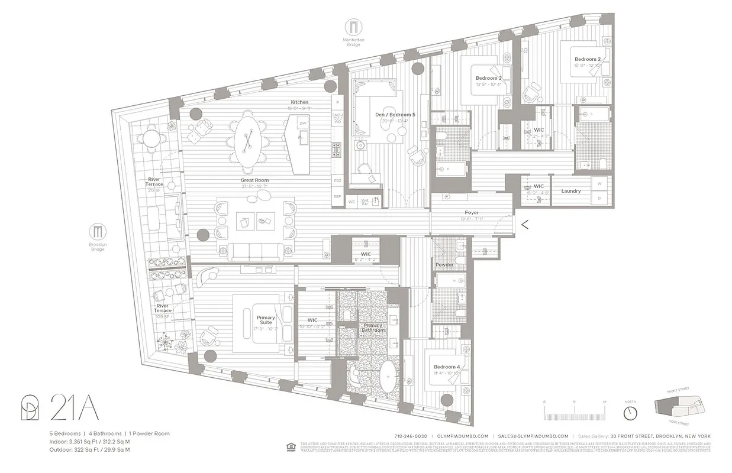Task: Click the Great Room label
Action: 254,180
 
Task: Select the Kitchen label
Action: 299,102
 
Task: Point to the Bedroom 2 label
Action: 587,59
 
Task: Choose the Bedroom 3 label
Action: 489,78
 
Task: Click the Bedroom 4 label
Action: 445,367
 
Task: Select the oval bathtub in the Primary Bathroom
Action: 389,375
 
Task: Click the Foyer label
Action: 471,212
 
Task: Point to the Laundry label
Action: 571,191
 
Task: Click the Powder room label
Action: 444,265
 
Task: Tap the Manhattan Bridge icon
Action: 353,27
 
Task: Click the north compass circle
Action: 630,412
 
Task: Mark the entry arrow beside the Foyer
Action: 524,223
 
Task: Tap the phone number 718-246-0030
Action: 410,436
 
